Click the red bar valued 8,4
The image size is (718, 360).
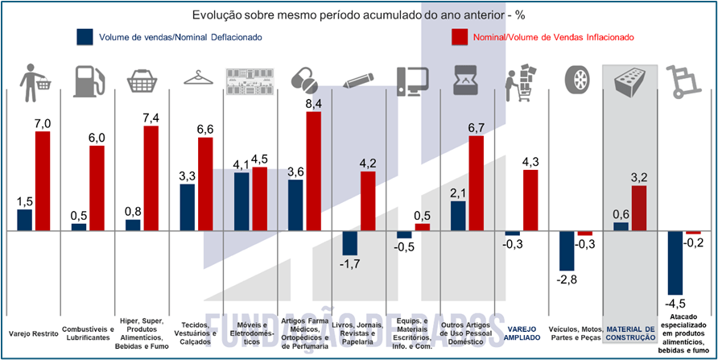click(x=314, y=171)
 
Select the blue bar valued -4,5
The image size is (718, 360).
click(x=675, y=263)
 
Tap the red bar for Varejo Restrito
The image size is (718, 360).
click(x=43, y=180)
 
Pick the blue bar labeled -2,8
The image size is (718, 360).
click(x=567, y=250)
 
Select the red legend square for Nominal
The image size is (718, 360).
click(x=460, y=37)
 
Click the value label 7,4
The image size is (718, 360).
click(x=151, y=118)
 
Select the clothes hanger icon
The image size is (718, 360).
click(x=196, y=78)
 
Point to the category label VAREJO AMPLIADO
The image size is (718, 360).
click(x=522, y=333)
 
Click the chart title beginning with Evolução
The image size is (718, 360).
click(x=358, y=14)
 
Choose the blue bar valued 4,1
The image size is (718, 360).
click(x=241, y=201)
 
